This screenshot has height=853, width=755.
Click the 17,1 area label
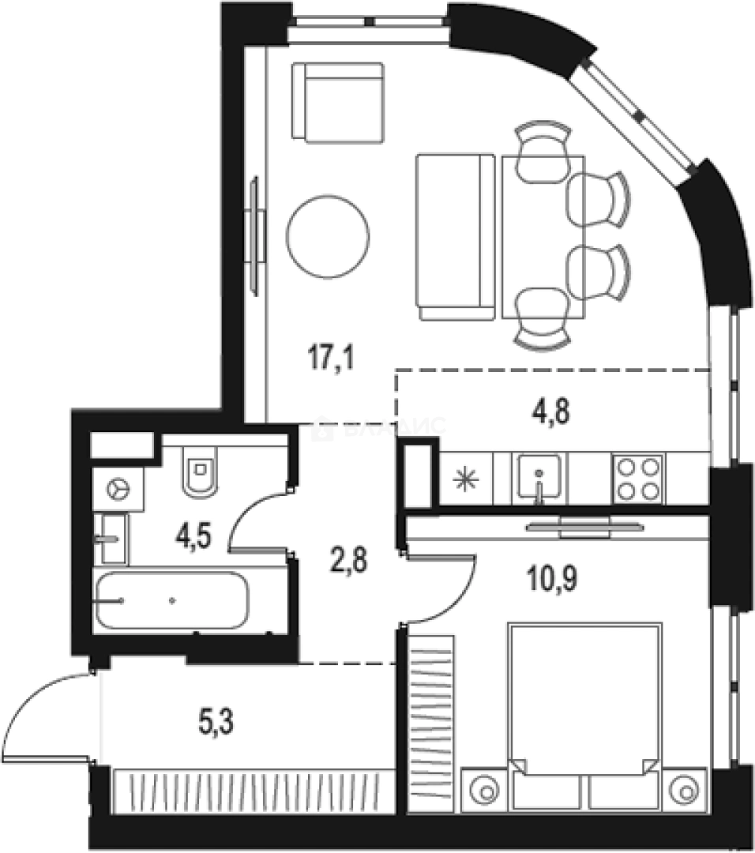330,362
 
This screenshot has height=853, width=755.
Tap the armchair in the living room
337,102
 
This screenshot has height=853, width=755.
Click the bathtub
171,600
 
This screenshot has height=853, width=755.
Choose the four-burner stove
637,479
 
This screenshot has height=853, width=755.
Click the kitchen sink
540,479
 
